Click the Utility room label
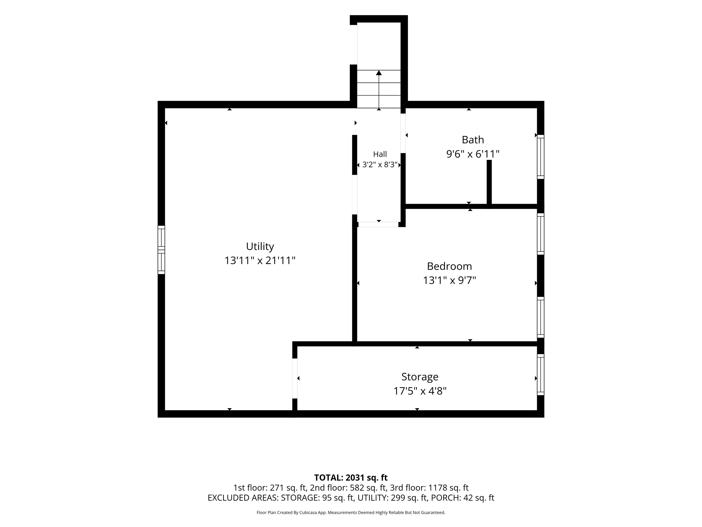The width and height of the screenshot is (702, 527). pyautogui.click(x=260, y=246)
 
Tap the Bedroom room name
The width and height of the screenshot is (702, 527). pyautogui.click(x=449, y=266)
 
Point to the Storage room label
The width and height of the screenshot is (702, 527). pyautogui.click(x=420, y=377)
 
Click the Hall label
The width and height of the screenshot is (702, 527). pyautogui.click(x=380, y=154)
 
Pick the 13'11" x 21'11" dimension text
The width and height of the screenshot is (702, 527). pyautogui.click(x=260, y=261)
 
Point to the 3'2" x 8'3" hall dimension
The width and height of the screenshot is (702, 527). pyautogui.click(x=380, y=165)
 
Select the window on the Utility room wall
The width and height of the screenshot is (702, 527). pyautogui.click(x=161, y=250)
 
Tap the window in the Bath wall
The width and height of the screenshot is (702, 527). pyautogui.click(x=540, y=157)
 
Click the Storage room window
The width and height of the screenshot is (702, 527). pyautogui.click(x=540, y=375)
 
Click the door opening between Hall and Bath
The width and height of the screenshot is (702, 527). pyautogui.click(x=403, y=133)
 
